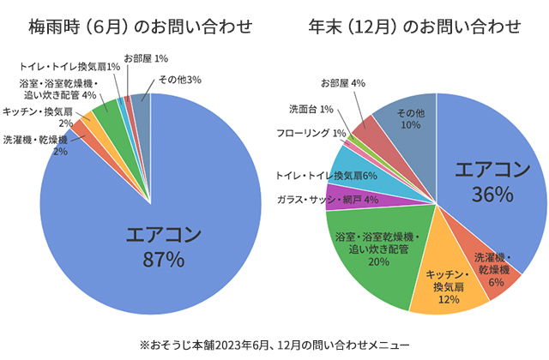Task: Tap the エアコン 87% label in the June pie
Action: tap(163, 246)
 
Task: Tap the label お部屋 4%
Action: tap(343, 83)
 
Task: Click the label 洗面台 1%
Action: tap(311, 110)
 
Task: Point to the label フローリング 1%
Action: tap(311, 133)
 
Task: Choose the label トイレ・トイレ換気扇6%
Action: tap(327, 176)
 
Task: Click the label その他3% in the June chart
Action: tap(180, 81)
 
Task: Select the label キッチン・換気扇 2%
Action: tap(38, 117)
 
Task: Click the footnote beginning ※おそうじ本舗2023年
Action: tap(274, 342)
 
